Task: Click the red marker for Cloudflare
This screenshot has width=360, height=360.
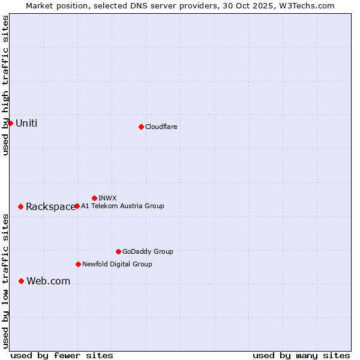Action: click(x=141, y=127)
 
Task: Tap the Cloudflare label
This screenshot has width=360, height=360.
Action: click(x=161, y=127)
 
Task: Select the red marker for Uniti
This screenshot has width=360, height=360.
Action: click(x=10, y=123)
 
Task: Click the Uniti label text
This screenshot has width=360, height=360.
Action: click(x=26, y=124)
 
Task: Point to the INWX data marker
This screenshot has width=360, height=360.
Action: click(x=94, y=198)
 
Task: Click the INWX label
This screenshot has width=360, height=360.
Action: click(x=107, y=198)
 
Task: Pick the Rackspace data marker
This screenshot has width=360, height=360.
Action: click(x=20, y=206)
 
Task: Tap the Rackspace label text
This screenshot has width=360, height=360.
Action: click(x=50, y=207)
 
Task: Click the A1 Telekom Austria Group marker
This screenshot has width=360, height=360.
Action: click(x=77, y=206)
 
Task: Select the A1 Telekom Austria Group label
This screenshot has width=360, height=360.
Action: click(x=122, y=206)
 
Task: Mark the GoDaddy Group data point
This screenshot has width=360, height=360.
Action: click(x=118, y=251)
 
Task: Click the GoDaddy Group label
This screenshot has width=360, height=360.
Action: click(x=148, y=251)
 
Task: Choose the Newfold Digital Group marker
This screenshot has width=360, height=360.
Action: click(x=78, y=264)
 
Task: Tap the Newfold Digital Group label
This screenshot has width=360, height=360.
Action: click(x=117, y=264)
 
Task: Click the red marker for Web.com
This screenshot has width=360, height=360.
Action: click(x=21, y=281)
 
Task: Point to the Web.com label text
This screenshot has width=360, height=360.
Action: click(x=48, y=281)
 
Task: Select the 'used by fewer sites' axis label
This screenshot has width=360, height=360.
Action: click(x=62, y=355)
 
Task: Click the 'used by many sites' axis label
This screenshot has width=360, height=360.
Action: click(x=301, y=355)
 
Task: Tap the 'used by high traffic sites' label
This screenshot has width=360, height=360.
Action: click(x=5, y=85)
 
